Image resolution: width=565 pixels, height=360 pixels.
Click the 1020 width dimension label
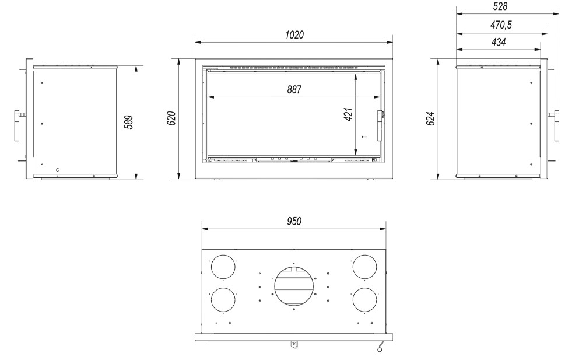point(294,34)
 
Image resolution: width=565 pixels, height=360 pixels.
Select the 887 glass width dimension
point(294,89)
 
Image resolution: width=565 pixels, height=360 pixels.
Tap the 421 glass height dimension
point(349,114)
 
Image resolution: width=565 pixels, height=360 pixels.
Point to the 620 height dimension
point(171,118)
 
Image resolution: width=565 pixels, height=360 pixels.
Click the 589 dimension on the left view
point(129,122)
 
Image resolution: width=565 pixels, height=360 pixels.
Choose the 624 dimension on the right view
point(430,118)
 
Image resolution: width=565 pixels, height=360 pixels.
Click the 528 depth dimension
point(500,6)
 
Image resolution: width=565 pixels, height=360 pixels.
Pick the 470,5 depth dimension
point(501,25)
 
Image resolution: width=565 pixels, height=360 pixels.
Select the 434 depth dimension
point(499,42)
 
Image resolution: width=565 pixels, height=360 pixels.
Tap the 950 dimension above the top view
point(294,221)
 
